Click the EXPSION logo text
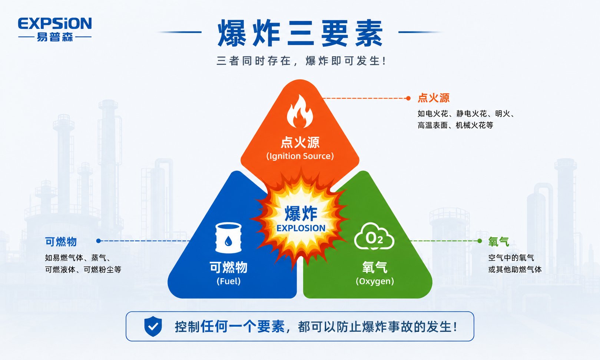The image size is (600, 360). [x=55, y=23]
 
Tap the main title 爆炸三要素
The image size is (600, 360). [x=300, y=33]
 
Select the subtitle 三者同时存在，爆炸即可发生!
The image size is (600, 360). [x=301, y=61]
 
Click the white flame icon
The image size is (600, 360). [x=300, y=111]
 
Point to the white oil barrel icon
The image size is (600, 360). [x=228, y=238]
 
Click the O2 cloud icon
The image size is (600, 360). [x=374, y=236]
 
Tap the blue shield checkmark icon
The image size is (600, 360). [x=153, y=326]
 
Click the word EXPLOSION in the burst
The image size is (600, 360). [x=301, y=228]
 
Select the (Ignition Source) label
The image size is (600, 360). [x=300, y=156]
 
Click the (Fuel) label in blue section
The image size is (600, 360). [x=229, y=281]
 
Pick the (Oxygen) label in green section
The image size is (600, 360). [x=375, y=281]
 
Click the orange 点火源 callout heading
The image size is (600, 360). [x=433, y=98]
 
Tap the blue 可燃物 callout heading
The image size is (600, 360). [x=61, y=242]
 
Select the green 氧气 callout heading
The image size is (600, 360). [x=498, y=242]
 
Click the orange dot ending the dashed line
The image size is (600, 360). [x=408, y=98]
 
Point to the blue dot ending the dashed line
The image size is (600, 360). [x=99, y=241]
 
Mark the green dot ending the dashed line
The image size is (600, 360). [x=480, y=241]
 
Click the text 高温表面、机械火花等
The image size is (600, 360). [x=455, y=125]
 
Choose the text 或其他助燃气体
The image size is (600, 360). [x=515, y=270]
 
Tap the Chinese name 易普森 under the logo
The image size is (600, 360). [x=55, y=37]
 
